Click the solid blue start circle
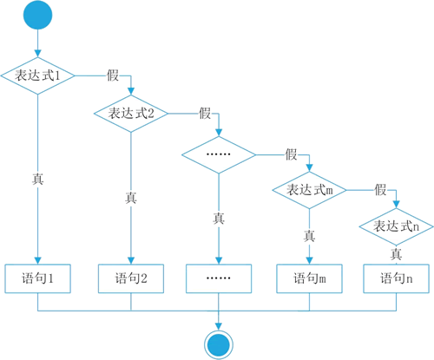click(x=37, y=15)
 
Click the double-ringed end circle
click(x=219, y=344)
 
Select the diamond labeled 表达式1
click(x=37, y=75)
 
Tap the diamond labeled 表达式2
click(x=131, y=114)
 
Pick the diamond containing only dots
click(x=219, y=154)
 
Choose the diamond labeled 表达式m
click(x=309, y=190)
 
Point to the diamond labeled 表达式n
click(x=396, y=226)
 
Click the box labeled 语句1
click(x=37, y=278)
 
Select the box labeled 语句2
click(x=131, y=278)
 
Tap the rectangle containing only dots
click(x=219, y=278)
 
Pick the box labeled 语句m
click(x=309, y=278)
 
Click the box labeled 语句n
click(x=396, y=278)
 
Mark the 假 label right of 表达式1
click(x=113, y=75)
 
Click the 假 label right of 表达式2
click(x=205, y=113)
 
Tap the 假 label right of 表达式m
click(x=381, y=190)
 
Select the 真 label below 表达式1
click(x=37, y=179)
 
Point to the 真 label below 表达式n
click(x=396, y=254)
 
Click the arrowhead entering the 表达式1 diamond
click(x=37, y=54)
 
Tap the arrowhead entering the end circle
click(x=219, y=326)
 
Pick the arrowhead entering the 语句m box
click(x=309, y=260)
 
